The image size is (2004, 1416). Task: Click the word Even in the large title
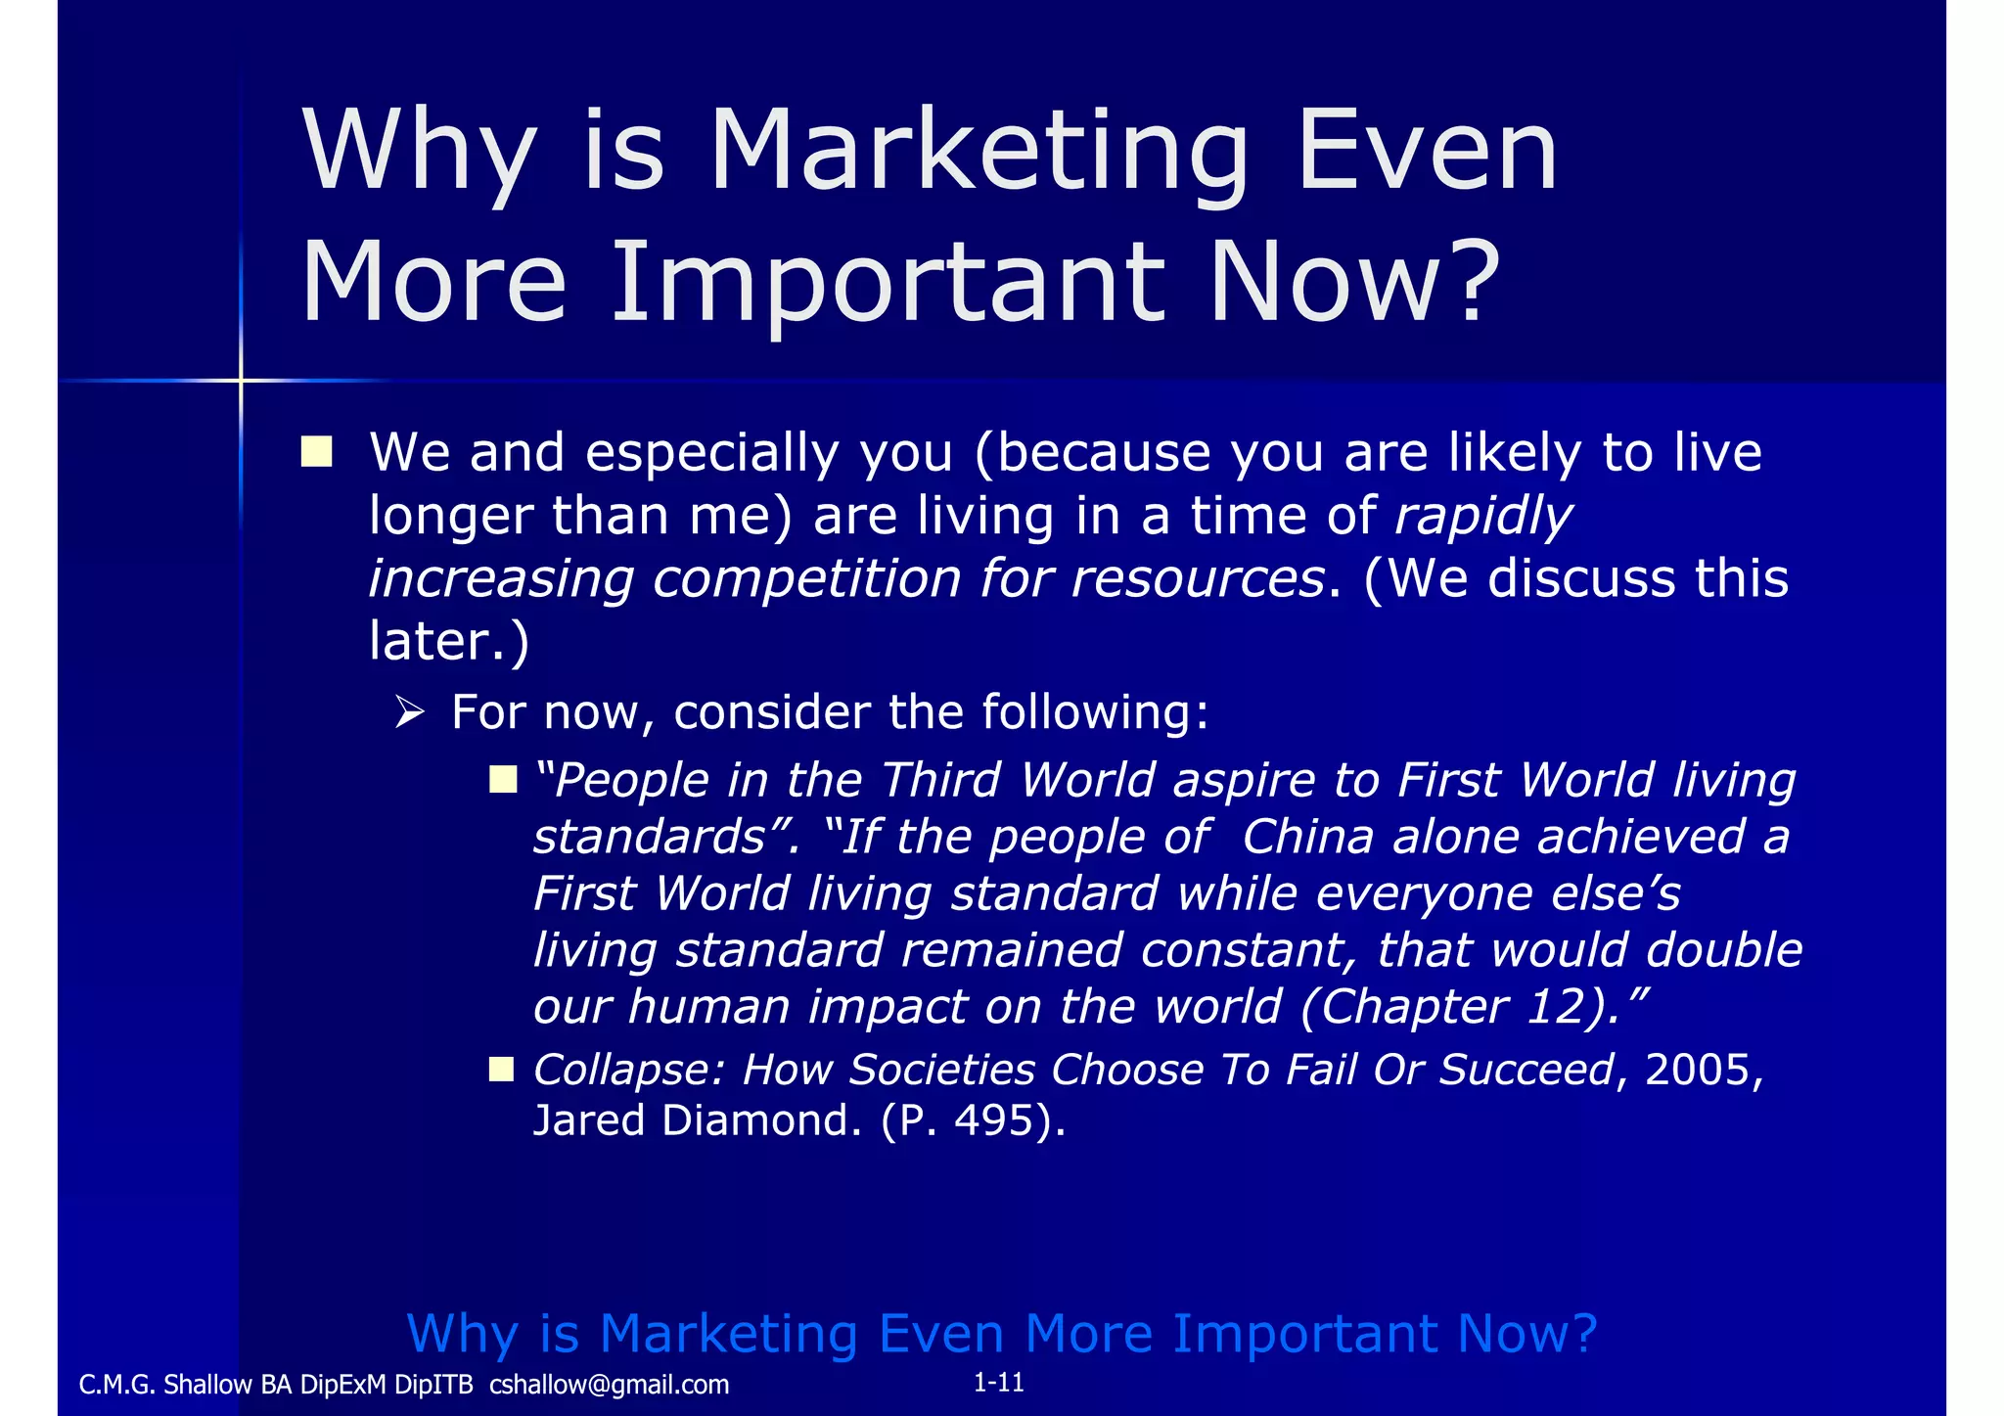(1427, 152)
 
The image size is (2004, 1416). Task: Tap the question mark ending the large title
(1468, 282)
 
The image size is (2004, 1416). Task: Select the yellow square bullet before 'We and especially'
(317, 452)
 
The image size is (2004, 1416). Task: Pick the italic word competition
(806, 578)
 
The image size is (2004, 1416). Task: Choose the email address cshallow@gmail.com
(609, 1385)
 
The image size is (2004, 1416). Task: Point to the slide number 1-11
(998, 1382)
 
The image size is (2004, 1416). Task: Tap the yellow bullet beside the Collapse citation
(501, 1069)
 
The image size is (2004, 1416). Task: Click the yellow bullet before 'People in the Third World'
(503, 780)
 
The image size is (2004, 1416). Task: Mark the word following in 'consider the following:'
(1094, 711)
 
